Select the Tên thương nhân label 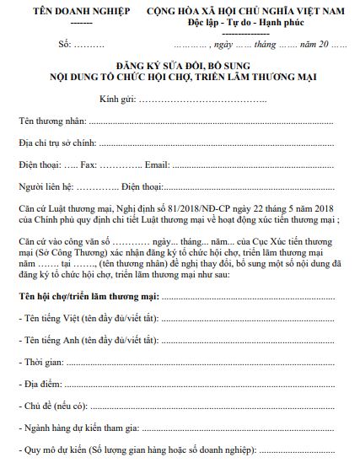[x=52, y=121]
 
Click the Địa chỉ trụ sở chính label [x=57, y=143]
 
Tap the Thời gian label [x=43, y=362]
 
